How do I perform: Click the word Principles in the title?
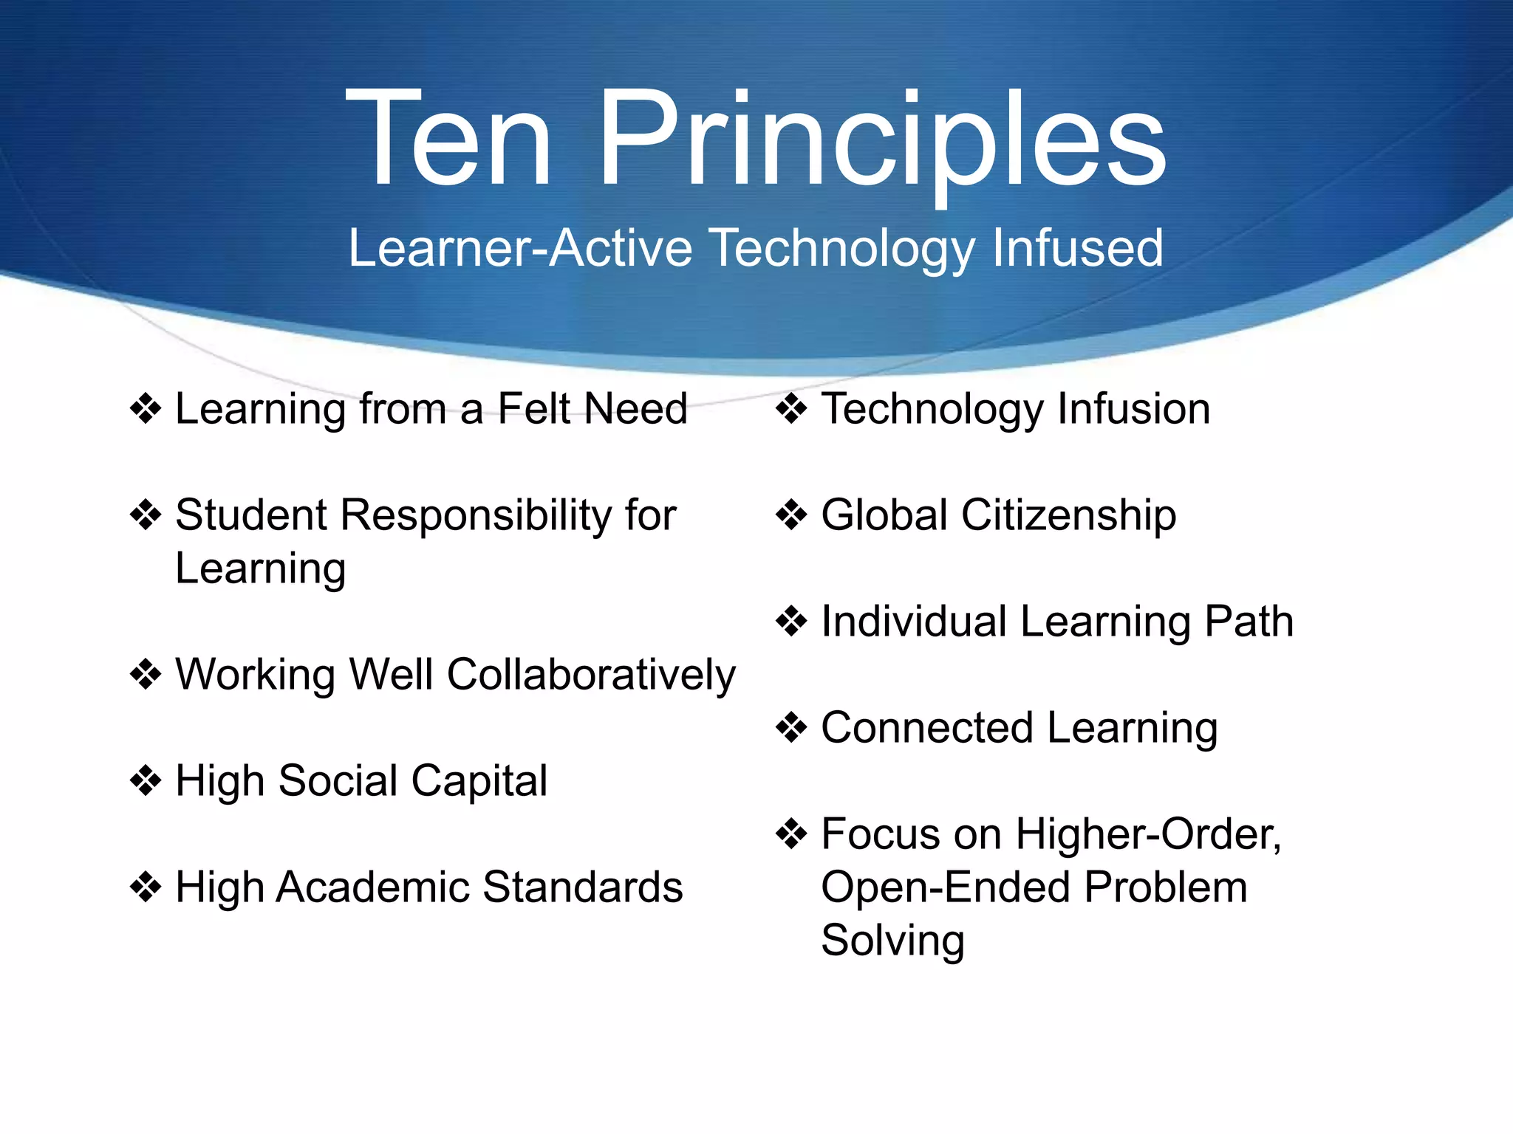882,140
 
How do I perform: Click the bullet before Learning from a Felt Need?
146,408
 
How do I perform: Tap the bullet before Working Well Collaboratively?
146,674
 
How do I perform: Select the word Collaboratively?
591,675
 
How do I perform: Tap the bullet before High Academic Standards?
146,887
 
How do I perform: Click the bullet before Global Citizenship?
791,515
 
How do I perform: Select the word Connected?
927,727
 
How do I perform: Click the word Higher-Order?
1148,834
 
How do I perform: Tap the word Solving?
892,941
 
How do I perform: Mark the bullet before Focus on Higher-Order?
791,834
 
